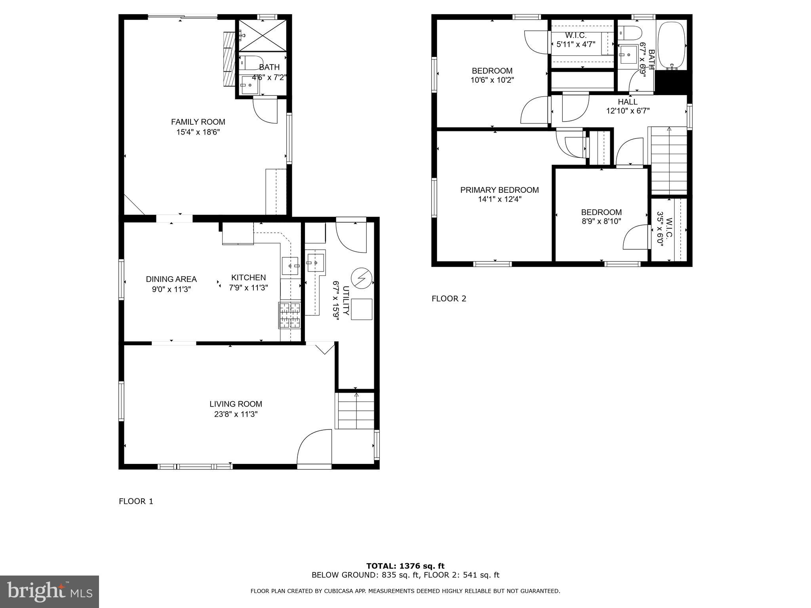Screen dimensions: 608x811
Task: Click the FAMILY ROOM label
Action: (198, 122)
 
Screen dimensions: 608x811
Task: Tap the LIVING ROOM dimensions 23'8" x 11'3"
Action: (236, 414)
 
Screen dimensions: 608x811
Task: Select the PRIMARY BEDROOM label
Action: (499, 190)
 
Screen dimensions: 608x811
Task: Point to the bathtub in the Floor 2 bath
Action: (671, 45)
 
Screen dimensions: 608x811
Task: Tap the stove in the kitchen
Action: (290, 315)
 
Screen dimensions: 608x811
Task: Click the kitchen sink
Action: (290, 266)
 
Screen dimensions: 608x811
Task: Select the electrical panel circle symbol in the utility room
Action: (362, 278)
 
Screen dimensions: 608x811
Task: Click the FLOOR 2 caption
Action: (449, 299)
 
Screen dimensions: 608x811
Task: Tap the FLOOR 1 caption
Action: (136, 502)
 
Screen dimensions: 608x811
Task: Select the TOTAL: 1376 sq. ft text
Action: (405, 566)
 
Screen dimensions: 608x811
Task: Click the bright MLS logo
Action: (49, 592)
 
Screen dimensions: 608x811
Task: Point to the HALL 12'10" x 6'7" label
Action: (628, 106)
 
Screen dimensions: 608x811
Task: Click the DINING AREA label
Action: (171, 279)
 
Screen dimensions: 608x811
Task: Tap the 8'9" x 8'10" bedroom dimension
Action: (601, 222)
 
